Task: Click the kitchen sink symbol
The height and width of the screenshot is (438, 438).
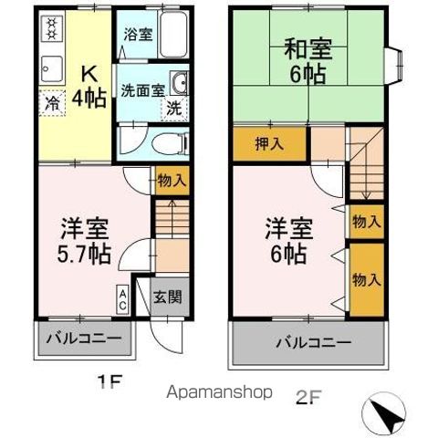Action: point(48,69)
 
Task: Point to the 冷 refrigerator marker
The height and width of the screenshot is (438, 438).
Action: point(52,103)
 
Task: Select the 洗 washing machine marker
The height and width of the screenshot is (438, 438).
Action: point(172,108)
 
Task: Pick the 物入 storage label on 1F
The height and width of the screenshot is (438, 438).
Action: point(172,181)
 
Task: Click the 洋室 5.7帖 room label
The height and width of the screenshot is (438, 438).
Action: point(86,238)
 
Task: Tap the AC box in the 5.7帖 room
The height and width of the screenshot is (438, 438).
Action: point(121,298)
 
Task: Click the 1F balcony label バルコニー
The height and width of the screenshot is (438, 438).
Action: point(84,339)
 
